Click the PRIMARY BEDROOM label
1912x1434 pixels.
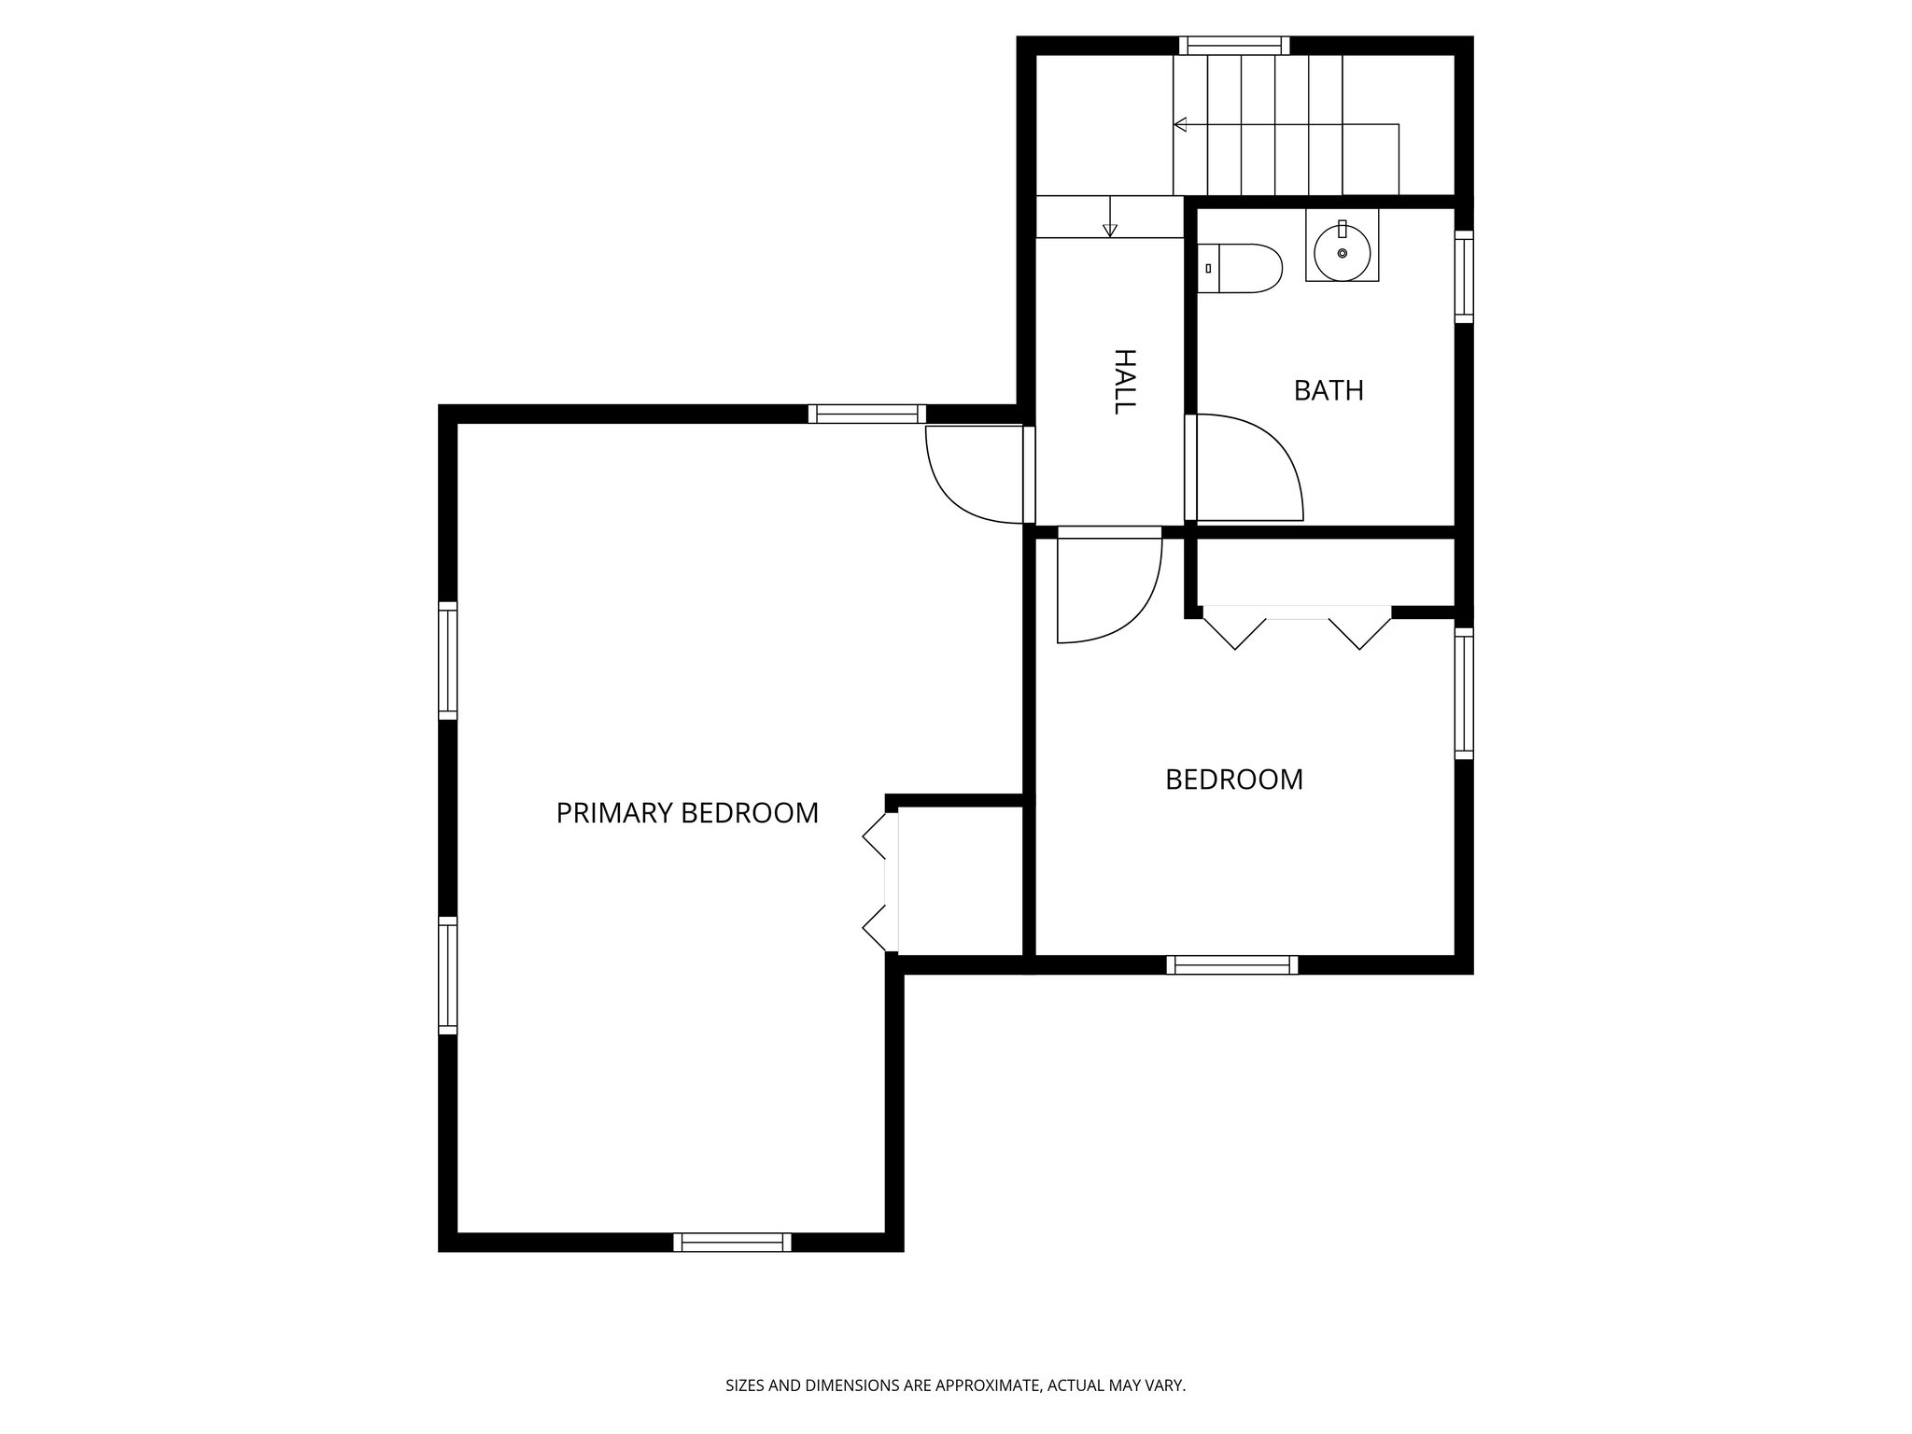click(x=687, y=813)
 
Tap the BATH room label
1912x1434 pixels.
click(x=1329, y=390)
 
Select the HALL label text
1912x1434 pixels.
click(x=1124, y=381)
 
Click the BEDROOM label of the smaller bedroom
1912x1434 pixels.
click(x=1234, y=780)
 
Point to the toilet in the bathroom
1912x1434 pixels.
click(x=1239, y=269)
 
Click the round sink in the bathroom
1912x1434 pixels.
click(x=1342, y=252)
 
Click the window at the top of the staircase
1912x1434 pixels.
click(x=1233, y=45)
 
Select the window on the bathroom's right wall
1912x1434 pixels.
click(x=1464, y=276)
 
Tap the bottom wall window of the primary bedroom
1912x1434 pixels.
click(x=732, y=1242)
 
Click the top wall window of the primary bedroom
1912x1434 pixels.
click(x=866, y=414)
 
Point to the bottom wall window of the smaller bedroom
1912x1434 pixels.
click(x=1232, y=964)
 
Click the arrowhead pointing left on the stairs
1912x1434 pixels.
click(x=1180, y=124)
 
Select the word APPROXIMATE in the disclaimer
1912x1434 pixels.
click(x=987, y=1385)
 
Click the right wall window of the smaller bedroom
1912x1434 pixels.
click(x=1464, y=693)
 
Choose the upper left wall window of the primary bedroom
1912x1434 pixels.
click(x=448, y=660)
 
